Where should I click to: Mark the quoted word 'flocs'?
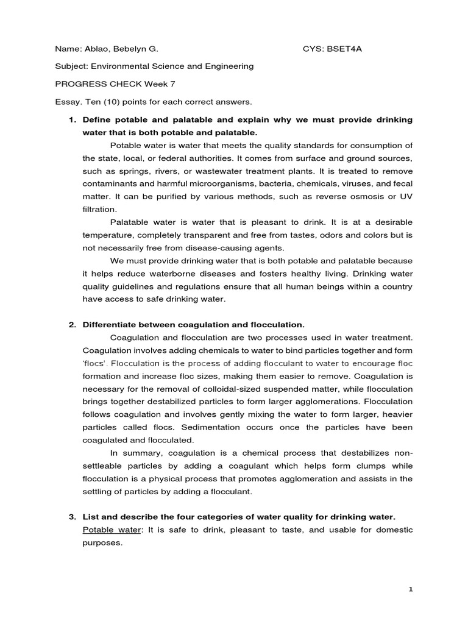(x=94, y=363)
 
